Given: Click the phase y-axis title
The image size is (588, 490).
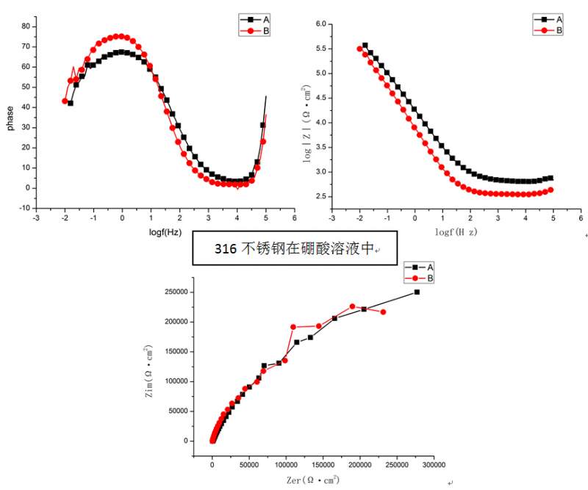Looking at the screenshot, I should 10,118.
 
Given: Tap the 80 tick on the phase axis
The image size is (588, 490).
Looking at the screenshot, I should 25,26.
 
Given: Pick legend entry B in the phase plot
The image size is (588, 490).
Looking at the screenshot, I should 265,31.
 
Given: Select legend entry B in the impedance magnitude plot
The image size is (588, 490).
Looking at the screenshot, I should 559,30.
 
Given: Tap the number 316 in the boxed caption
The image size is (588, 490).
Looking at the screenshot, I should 226,249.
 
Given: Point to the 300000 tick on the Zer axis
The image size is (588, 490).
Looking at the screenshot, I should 434,464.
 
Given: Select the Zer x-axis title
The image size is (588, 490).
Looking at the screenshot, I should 313,480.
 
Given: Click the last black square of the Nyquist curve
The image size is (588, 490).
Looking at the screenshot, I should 417,292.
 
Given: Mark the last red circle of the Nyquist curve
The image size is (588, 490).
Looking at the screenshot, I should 383,312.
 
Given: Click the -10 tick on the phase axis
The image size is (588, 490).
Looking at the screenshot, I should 24,208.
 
